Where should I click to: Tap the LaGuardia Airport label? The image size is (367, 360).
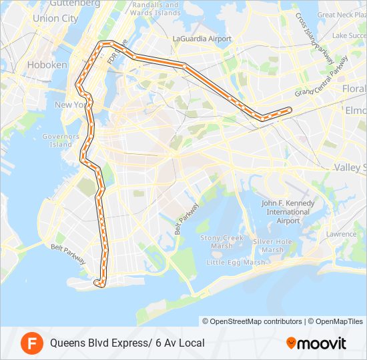202,39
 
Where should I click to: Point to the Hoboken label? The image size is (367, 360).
47,65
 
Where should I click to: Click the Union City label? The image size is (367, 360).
55,19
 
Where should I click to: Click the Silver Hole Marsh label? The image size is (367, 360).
272,245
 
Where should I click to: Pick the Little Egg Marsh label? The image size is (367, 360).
236,262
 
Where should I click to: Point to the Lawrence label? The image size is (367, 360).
341,234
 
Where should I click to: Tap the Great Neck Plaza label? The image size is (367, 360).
344,15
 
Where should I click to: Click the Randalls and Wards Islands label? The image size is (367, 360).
155,8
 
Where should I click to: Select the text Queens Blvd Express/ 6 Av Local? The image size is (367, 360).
127,343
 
